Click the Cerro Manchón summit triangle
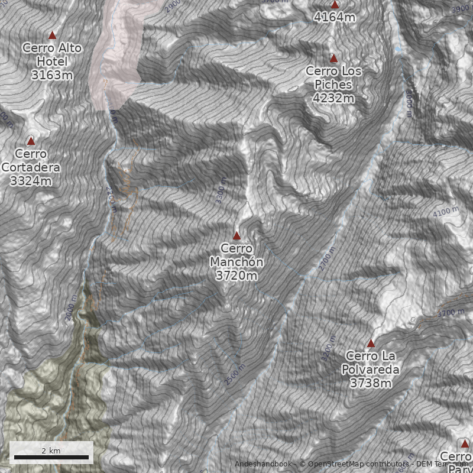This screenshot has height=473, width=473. point(237,235)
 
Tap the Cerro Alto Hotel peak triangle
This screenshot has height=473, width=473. point(52,35)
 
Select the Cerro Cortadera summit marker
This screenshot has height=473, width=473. point(31,141)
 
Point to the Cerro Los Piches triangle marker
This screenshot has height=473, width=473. point(333,58)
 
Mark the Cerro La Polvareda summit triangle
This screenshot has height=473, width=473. point(371,343)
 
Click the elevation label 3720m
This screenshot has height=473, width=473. point(237,276)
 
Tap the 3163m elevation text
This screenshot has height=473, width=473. point(52,75)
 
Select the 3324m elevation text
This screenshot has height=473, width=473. point(31,181)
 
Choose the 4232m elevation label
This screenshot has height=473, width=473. point(333,98)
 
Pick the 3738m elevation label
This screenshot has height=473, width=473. point(371,383)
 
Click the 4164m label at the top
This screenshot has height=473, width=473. point(335,17)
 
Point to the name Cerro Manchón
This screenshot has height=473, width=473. point(237,255)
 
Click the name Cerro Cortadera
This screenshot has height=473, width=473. point(31,160)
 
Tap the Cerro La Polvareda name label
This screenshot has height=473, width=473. point(371,362)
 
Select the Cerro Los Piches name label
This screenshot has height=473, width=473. point(333,77)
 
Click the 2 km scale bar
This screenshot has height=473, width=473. point(51,456)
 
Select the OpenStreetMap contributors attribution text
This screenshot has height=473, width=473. point(355,464)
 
